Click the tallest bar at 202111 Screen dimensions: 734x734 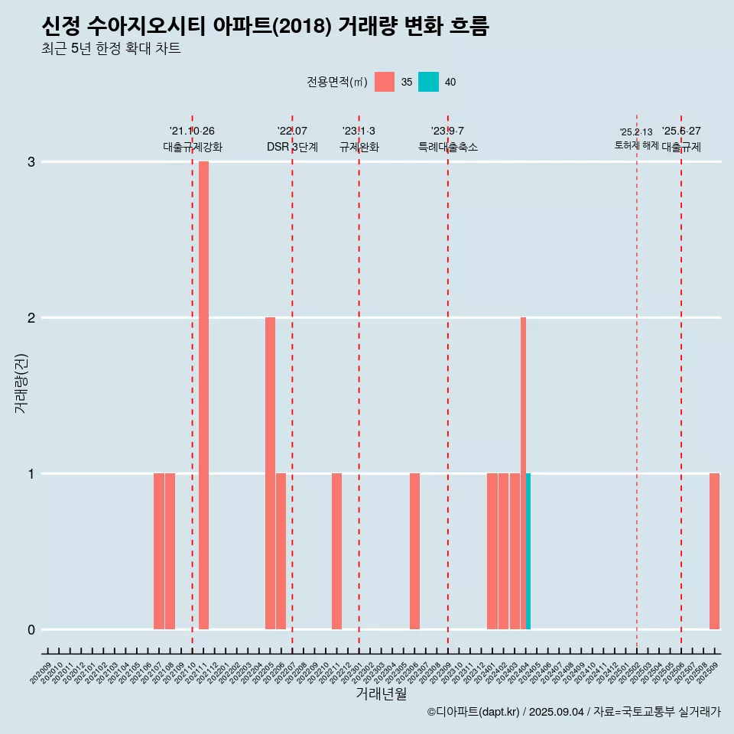pos(203,395)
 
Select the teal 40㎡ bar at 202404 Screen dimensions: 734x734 pos(528,550)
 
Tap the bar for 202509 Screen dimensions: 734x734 pos(714,550)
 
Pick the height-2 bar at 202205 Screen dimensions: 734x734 pos(270,473)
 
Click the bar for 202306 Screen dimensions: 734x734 pos(414,550)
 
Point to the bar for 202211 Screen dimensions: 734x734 pos(336,550)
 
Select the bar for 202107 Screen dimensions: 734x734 pos(159,550)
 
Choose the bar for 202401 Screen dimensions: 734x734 pos(492,550)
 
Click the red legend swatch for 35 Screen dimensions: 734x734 pos(385,82)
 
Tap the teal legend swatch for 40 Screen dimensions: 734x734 pos(428,82)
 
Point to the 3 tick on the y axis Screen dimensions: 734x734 pos(31,162)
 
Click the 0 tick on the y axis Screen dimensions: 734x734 pos(31,630)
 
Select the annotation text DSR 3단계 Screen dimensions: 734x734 pos(292,147)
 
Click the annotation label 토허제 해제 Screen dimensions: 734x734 pos(636,145)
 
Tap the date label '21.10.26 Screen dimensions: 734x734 pos(192,131)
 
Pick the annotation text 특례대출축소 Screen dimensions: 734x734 pos(448,147)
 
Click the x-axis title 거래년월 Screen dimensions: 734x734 pos(381,694)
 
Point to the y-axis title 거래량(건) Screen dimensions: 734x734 pos(21,382)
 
